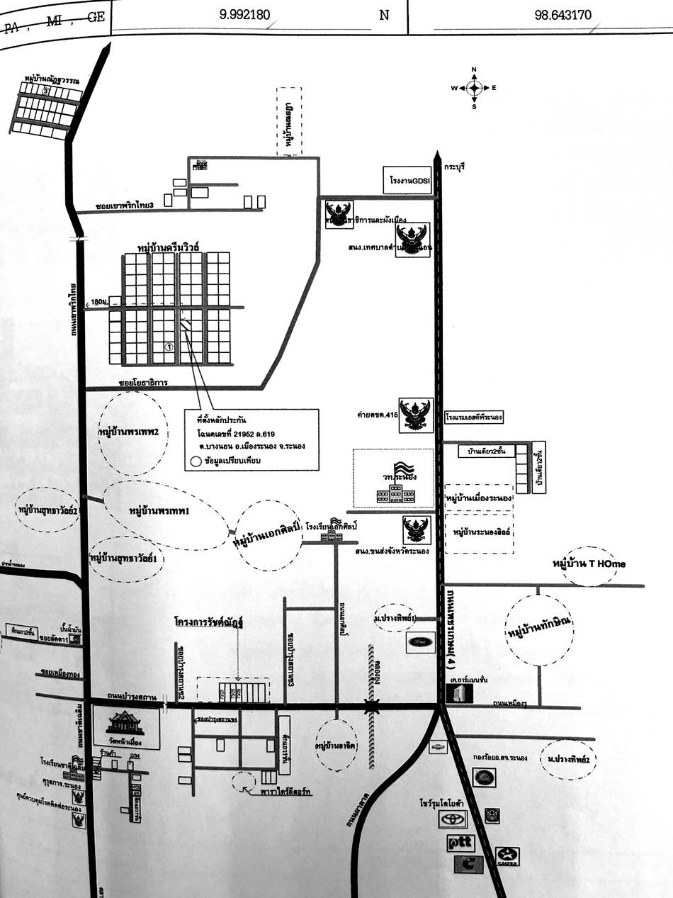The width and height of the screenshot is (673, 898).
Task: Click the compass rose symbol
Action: pos(474,88)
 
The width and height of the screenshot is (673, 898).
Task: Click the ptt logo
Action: pos(460,843)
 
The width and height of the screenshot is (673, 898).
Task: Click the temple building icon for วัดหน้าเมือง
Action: pos(125,724)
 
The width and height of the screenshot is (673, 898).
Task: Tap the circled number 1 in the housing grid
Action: pos(169,347)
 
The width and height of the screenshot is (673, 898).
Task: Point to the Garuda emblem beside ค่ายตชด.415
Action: pos(414,415)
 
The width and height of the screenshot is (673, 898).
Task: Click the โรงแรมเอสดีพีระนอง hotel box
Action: pos(474,418)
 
